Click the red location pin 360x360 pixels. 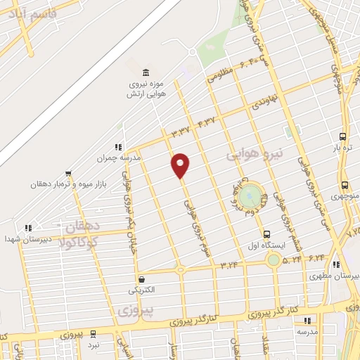coord(181,164)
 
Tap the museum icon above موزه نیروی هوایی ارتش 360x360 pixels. coord(146,73)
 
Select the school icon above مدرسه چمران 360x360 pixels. coord(118,146)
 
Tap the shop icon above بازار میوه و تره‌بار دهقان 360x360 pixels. coord(68,172)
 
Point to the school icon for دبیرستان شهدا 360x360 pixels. coord(27,228)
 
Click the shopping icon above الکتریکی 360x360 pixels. coord(141,278)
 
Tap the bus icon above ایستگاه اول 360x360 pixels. coord(266,235)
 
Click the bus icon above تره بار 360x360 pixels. coord(342,137)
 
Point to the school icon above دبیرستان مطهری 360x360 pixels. coord(336,264)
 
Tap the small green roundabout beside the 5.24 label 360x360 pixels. coord(273,260)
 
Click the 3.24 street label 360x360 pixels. coord(229,265)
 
